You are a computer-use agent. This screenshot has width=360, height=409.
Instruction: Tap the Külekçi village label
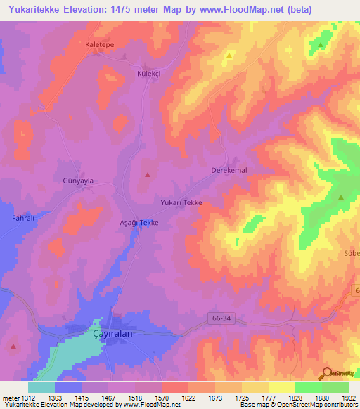(x=149, y=72)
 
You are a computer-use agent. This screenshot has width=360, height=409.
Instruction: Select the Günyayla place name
(x=78, y=181)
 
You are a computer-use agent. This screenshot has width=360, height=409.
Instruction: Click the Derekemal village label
(x=229, y=171)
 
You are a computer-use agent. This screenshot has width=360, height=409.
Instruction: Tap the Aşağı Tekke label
(x=139, y=222)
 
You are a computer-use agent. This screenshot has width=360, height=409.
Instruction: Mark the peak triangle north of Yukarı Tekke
(x=148, y=174)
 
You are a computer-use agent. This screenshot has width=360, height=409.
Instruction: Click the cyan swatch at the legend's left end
(x=41, y=387)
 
